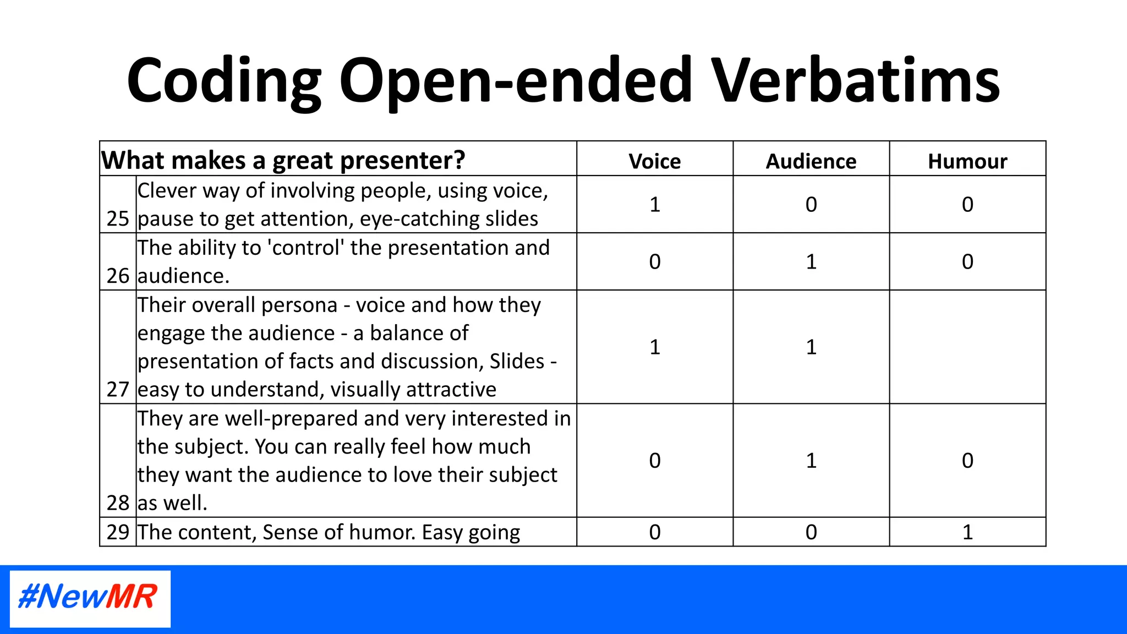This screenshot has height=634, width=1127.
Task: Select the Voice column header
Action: click(654, 161)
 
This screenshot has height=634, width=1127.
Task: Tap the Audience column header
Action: click(811, 161)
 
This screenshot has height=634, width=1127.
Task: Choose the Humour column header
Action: click(967, 161)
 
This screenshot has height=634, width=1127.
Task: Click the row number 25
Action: click(118, 218)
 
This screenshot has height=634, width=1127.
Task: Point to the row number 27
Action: click(118, 389)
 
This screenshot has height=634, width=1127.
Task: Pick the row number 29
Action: click(118, 532)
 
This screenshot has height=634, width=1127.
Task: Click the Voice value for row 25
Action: click(654, 205)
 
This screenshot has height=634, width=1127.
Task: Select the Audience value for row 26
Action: click(811, 261)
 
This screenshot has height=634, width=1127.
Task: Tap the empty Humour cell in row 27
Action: click(967, 347)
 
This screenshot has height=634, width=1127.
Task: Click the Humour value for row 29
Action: click(967, 532)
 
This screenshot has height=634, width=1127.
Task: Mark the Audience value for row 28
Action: click(811, 460)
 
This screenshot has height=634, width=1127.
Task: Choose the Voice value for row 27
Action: click(654, 347)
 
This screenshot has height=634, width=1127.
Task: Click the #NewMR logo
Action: click(90, 598)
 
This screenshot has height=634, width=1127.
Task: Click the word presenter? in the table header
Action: click(402, 161)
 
